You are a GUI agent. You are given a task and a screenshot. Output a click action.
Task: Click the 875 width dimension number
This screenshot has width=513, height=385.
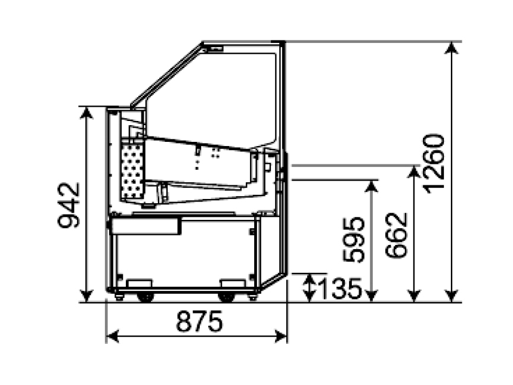(199, 321)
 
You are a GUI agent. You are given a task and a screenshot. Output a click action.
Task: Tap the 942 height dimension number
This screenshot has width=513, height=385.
(69, 205)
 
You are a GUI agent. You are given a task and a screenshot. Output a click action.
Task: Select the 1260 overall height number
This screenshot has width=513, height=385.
(434, 163)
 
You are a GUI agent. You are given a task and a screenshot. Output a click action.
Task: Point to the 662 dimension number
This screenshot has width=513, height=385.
(397, 235)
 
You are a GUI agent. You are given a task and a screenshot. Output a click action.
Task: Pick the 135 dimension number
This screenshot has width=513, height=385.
(339, 288)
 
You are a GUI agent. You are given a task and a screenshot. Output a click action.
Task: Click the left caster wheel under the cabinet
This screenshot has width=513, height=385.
(146, 297)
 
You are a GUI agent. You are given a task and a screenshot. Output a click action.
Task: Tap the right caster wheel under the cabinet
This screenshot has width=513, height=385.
(226, 297)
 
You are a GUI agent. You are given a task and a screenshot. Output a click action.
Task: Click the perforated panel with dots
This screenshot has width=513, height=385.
(132, 170)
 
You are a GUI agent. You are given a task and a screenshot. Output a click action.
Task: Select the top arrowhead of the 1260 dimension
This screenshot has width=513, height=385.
(452, 48)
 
